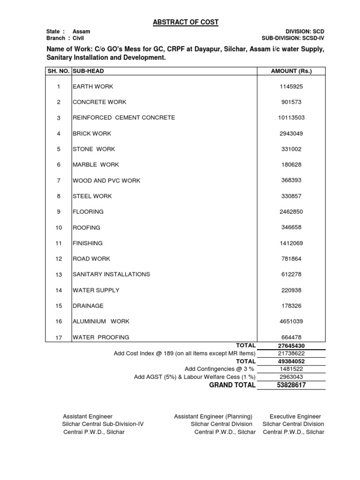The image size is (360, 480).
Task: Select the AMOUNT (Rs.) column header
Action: point(291,71)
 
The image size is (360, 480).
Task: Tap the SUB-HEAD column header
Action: point(88,71)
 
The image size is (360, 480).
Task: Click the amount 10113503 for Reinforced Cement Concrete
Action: point(291,118)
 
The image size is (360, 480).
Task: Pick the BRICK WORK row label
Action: point(92,134)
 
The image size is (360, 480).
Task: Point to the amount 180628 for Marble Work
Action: point(291,165)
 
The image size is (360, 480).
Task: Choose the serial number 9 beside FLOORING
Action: point(59,212)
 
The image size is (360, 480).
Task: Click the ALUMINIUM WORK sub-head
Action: point(101,322)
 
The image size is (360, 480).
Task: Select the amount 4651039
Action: point(291,322)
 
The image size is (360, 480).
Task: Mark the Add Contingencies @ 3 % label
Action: point(220,369)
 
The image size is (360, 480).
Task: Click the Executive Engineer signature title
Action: point(295,416)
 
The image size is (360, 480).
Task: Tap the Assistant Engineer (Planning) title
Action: point(213,416)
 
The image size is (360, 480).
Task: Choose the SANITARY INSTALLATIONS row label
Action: point(111,274)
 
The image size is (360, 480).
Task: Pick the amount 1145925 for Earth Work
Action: point(291,87)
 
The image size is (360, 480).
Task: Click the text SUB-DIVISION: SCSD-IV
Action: point(293,38)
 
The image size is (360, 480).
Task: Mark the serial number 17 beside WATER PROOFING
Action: point(59,337)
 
